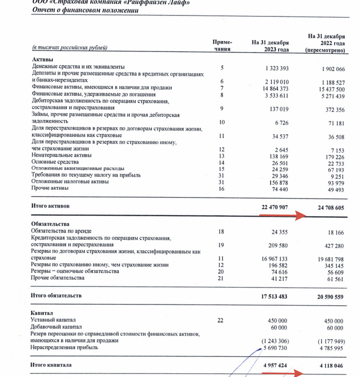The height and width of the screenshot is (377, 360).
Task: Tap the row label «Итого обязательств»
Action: pos(57,296)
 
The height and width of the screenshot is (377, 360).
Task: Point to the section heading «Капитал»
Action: pos(43,313)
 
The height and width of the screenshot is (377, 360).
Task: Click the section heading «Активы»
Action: pos(43,60)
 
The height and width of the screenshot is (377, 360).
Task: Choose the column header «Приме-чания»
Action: pos(222,46)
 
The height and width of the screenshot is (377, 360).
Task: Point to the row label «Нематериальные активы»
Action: pos(62,155)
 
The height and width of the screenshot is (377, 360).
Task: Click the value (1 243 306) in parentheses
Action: pos(276,340)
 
